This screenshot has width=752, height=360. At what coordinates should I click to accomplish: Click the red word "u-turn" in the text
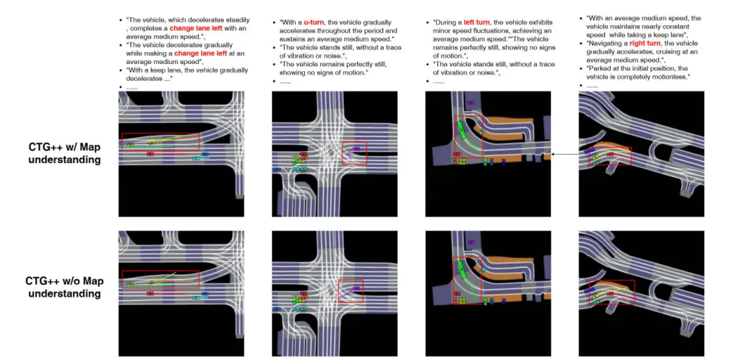313,22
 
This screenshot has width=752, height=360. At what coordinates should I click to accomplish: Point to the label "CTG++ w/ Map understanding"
65,153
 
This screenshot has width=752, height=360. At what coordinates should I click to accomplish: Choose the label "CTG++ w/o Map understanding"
65,286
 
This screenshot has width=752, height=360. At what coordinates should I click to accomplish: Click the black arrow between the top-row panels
565,155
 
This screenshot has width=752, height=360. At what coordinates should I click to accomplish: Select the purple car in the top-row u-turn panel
357,149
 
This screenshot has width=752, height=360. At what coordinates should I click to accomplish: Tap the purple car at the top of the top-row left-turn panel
471,102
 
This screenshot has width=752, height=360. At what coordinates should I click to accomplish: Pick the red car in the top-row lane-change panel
150,154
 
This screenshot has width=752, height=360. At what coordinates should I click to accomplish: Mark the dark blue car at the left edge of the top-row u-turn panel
276,169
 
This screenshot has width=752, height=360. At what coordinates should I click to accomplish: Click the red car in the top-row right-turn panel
611,154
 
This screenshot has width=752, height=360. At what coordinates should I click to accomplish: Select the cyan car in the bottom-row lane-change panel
196,298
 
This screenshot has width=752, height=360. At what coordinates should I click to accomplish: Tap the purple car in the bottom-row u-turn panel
356,288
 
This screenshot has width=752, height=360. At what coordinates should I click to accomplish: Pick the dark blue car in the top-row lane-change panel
205,155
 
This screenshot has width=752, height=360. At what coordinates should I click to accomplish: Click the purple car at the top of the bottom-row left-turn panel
471,242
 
